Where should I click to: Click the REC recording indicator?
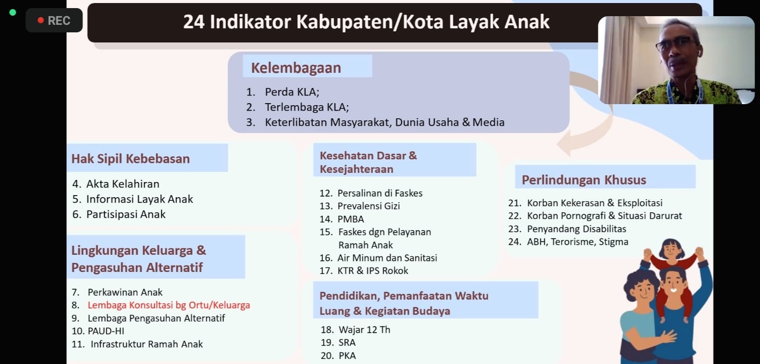point(54,20)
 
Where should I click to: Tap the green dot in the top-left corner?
point(13,13)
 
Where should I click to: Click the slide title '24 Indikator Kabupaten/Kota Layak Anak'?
point(366,22)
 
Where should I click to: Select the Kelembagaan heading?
point(296,68)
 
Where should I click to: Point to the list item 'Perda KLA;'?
point(292,92)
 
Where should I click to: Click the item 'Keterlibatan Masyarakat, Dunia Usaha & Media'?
point(385,122)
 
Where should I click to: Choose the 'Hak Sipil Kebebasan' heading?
point(130,159)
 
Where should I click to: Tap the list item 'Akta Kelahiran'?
point(122,184)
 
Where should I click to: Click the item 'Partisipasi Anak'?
point(126,214)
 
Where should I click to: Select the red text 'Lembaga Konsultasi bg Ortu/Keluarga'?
point(169,305)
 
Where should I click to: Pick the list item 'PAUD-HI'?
point(106,331)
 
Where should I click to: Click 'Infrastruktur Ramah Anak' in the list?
point(147,344)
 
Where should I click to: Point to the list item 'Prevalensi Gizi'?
point(368,206)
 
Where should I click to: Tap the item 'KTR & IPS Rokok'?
point(372,270)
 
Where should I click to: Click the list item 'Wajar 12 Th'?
point(364,330)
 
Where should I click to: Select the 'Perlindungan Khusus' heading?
point(584,180)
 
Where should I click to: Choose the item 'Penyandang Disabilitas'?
point(577,229)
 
